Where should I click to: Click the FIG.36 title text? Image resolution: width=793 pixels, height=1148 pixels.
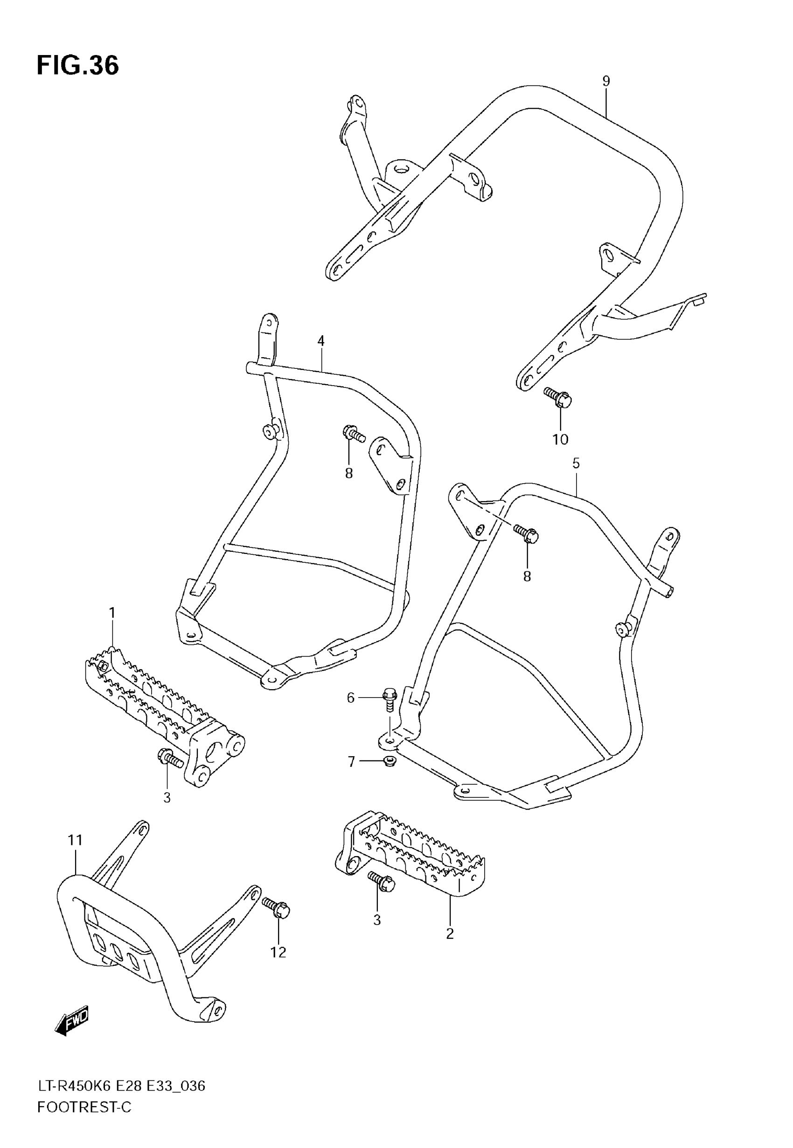[78, 66]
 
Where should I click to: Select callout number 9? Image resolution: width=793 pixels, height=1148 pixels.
[605, 81]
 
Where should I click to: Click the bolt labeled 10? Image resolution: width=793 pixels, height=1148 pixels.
[558, 397]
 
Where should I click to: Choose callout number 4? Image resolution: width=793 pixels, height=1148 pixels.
[321, 341]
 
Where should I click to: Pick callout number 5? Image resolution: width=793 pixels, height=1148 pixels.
[576, 464]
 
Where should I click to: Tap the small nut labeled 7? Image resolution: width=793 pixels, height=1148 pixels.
[390, 761]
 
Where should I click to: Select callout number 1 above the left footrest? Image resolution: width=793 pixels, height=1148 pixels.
[112, 613]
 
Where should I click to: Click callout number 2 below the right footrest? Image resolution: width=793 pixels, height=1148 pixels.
[450, 934]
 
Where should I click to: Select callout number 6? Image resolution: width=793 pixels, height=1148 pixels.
[351, 698]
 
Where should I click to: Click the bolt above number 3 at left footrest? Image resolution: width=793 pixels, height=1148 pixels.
[170, 773]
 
